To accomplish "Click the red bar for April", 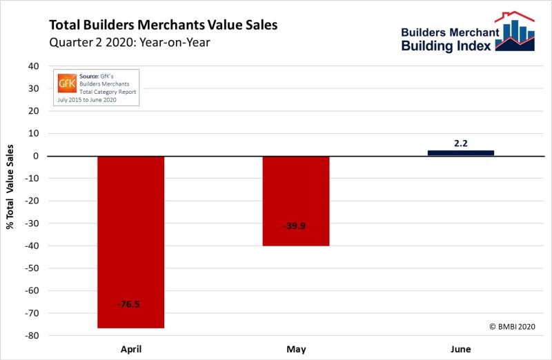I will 130,241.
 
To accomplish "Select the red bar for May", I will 296,201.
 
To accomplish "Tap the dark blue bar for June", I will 460,152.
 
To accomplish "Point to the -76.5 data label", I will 130,303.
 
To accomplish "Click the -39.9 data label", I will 296,226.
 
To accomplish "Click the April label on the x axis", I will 130,349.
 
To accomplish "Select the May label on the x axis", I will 296,349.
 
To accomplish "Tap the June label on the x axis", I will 460,349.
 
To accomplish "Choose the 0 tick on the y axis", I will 34,156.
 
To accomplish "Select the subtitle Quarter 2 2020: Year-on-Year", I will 129,42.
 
